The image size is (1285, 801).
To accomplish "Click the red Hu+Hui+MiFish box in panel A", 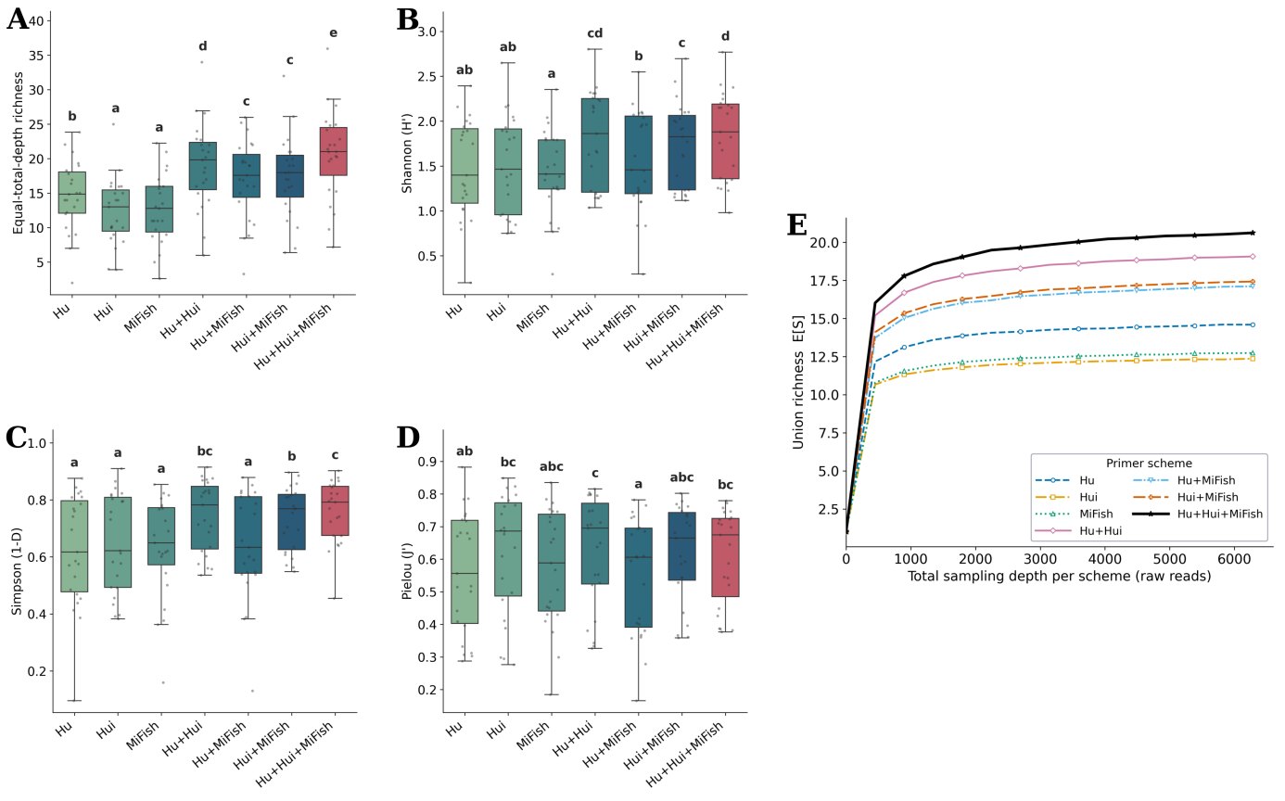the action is (x=333, y=151).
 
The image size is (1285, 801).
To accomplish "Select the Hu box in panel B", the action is (x=464, y=166).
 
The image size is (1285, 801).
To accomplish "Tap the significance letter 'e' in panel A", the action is (x=333, y=32).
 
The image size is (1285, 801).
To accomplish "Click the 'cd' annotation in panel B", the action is (x=595, y=33).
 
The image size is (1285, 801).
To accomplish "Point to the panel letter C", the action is (x=17, y=438).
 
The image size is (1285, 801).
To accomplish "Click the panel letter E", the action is (x=797, y=224).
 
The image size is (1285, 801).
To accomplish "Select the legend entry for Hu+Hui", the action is (x=1079, y=530).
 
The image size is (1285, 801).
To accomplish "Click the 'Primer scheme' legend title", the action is (x=1149, y=463).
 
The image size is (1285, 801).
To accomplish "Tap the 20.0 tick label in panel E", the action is (x=824, y=243).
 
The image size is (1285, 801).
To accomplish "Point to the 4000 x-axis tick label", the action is (x=1105, y=559).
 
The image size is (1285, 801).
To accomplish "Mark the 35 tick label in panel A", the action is (x=37, y=56).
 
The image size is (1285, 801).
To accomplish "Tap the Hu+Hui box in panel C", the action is (x=205, y=517).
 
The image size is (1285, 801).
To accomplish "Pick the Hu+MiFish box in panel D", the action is (x=639, y=578).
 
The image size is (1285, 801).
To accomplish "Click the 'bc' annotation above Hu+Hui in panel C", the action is (x=205, y=451).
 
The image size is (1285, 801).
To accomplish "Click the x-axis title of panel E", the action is (x=1059, y=576).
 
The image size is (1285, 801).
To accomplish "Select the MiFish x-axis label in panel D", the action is (x=533, y=736).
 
